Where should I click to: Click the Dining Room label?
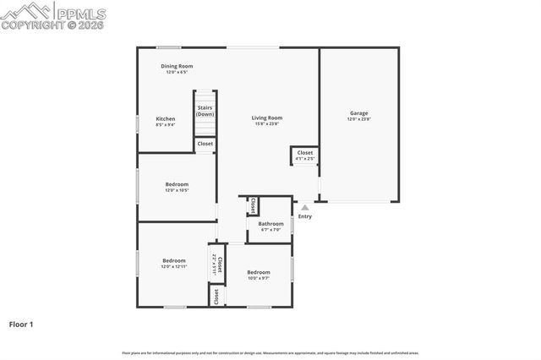[x=178, y=66]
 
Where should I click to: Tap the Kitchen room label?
[x=166, y=119]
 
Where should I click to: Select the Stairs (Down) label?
[x=205, y=111]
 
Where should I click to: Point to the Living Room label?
[x=267, y=118]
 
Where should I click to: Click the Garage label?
[x=359, y=113]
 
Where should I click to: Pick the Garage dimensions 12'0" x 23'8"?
[x=359, y=119]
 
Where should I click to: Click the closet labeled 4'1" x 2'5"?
[x=305, y=155]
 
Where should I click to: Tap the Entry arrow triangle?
[x=305, y=207]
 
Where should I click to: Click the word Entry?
[x=305, y=216]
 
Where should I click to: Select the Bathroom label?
[x=271, y=224]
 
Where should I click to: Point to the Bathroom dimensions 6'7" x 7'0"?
[x=271, y=230]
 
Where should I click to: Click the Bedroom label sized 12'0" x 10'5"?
[x=177, y=184]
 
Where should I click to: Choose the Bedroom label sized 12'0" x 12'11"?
[x=174, y=260]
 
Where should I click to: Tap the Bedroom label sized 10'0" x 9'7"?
[x=259, y=272]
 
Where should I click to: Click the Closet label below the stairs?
[x=205, y=144]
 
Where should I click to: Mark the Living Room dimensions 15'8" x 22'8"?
[x=267, y=124]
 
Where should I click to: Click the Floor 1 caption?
[x=21, y=324]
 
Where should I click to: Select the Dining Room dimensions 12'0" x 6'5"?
[x=177, y=72]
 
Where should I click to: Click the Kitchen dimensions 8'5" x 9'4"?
[x=166, y=125]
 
